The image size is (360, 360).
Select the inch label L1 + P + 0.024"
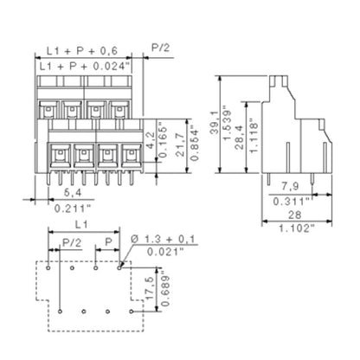pyautogui.click(x=85, y=67)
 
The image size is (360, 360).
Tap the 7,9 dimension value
pyautogui.click(x=291, y=186)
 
